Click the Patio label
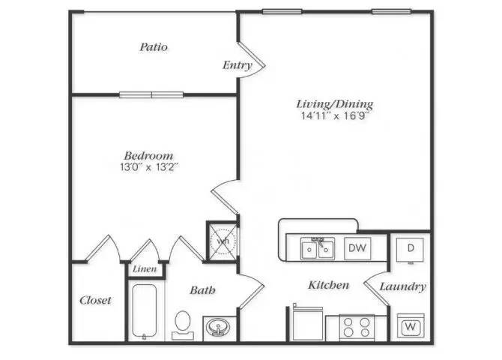tap(154, 47)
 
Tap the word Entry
tap(237, 65)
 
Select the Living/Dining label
tap(334, 104)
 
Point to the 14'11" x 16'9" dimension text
tap(334, 116)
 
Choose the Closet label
tap(95, 300)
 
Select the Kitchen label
tap(328, 285)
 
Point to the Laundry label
tap(402, 286)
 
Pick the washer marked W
tap(411, 327)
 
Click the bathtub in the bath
tap(144, 311)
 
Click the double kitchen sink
tap(318, 248)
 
